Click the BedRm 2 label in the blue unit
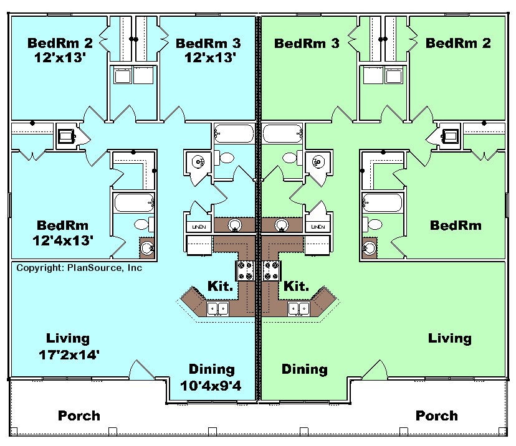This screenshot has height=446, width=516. click(60, 43)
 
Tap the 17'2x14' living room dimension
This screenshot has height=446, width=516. click(69, 355)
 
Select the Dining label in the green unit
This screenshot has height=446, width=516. click(305, 369)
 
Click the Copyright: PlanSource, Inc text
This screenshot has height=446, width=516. click(79, 268)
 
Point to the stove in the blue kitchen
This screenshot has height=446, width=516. click(245, 270)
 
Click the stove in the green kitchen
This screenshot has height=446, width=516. click(272, 270)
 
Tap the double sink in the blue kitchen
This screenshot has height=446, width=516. click(217, 309)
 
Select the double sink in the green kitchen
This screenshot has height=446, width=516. click(299, 309)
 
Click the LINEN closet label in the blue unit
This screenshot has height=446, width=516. click(199, 227)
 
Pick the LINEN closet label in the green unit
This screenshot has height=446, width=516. click(318, 227)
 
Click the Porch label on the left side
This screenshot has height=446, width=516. click(79, 415)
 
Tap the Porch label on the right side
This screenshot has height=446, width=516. click(437, 415)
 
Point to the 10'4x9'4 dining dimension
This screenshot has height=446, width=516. click(211, 386)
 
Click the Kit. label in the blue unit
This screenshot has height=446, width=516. click(220, 286)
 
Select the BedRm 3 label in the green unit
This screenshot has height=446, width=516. click(307, 43)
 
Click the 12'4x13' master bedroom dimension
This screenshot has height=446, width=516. click(63, 241)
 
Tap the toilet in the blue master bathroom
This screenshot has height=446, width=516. click(144, 224)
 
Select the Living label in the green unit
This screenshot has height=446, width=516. click(449, 338)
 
